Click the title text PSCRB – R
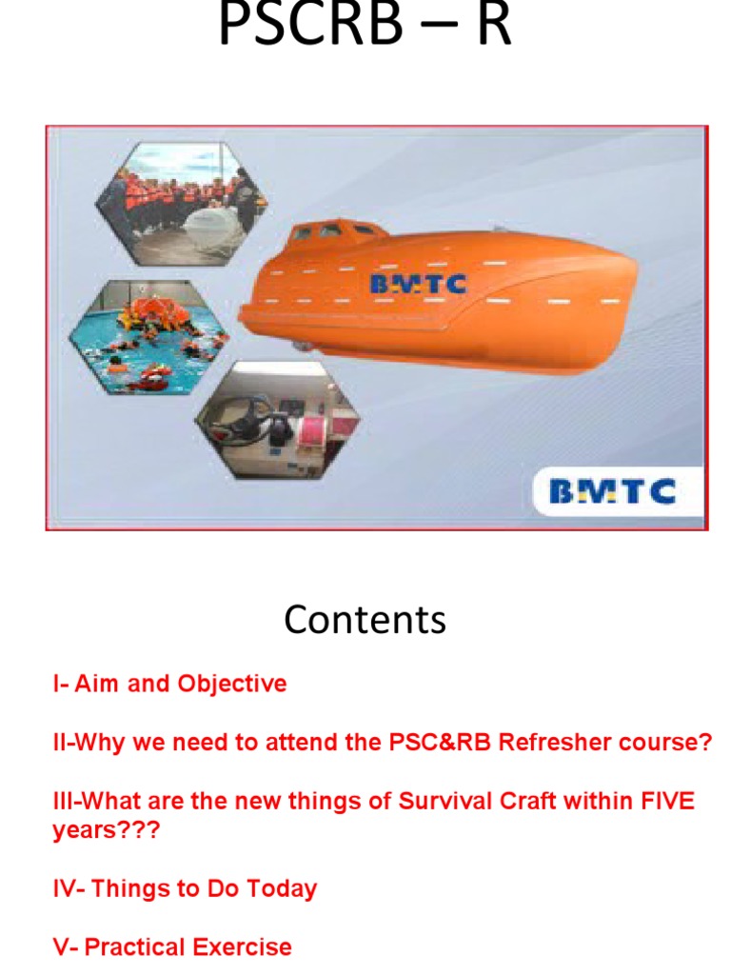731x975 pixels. [365, 27]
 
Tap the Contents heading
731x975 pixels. [365, 620]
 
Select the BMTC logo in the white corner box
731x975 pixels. [612, 491]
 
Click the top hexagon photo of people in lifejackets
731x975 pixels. [180, 203]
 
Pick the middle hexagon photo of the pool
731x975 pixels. [148, 341]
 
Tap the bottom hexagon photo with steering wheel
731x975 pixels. [277, 420]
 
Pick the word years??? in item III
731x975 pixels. [107, 830]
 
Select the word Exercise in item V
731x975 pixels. [242, 947]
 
